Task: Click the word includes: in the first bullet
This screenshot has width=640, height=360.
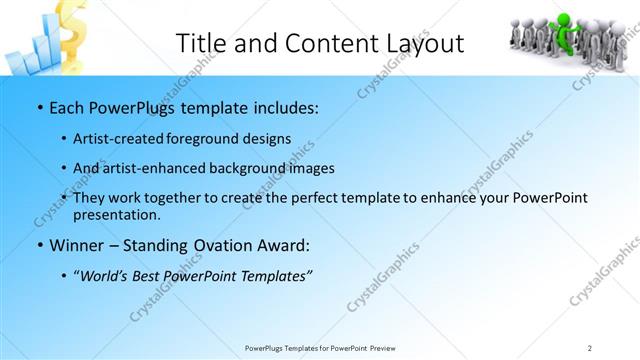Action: (x=283, y=105)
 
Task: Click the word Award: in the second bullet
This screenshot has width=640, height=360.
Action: (x=284, y=245)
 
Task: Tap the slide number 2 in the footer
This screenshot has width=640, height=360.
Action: (x=590, y=348)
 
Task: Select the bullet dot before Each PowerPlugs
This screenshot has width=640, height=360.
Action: (x=39, y=106)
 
